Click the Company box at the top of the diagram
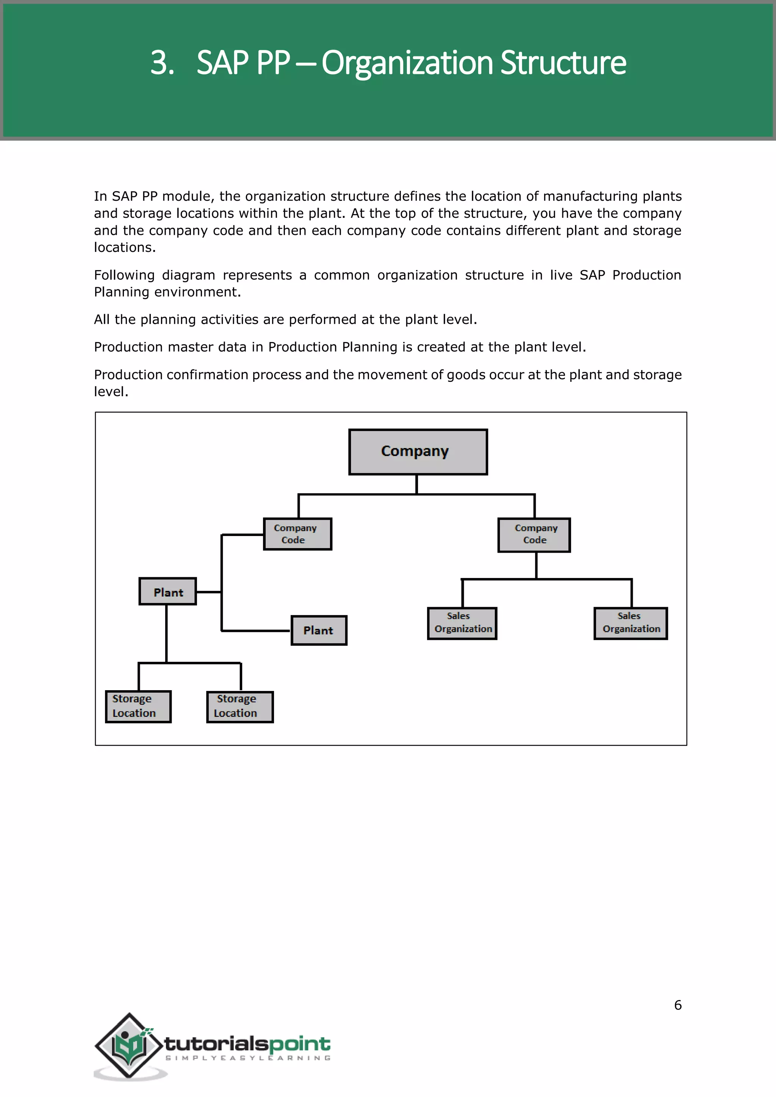[418, 452]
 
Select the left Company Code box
[297, 534]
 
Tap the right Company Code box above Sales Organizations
[534, 534]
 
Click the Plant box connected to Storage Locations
[168, 592]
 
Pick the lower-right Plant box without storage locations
[319, 630]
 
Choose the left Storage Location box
[138, 706]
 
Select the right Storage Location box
[240, 706]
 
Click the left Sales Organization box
[462, 623]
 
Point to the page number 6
[677, 1005]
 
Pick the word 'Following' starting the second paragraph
[124, 275]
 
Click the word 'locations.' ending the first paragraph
[125, 247]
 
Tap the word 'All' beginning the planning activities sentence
[102, 319]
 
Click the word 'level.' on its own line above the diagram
[111, 392]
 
